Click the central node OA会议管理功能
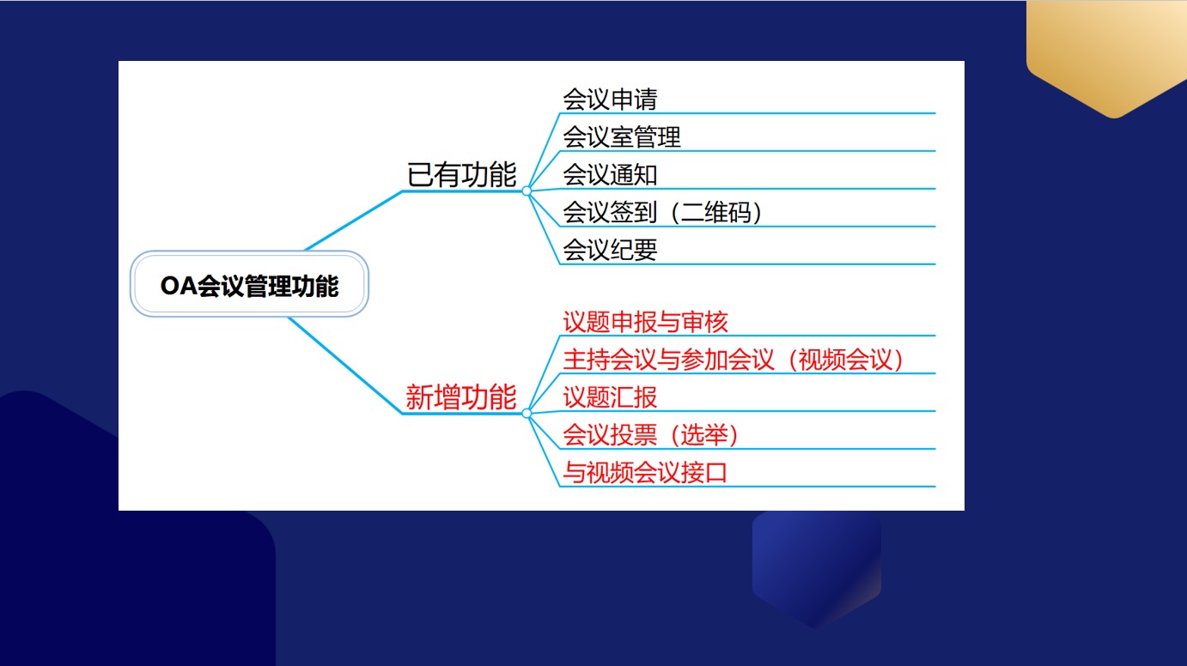point(249,284)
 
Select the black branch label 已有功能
point(461,175)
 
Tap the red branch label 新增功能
point(461,397)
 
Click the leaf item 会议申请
point(610,99)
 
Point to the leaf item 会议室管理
point(622,137)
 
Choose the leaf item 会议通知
point(610,175)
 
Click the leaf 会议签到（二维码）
point(662,212)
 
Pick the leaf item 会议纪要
point(610,250)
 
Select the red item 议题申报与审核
point(645,322)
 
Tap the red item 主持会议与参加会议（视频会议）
point(734,360)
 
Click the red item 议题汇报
point(610,397)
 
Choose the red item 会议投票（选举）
point(651,435)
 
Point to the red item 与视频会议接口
point(645,472)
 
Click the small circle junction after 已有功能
point(527,191)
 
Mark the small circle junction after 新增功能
point(527,414)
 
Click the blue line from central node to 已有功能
point(354,221)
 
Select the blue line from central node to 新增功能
point(345,366)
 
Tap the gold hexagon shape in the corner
point(1107,53)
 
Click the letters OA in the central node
point(179,286)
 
